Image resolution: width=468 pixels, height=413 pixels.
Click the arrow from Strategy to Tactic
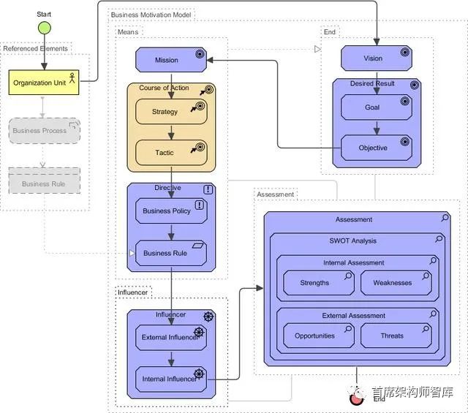171,132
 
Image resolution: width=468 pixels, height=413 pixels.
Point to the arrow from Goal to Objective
376,128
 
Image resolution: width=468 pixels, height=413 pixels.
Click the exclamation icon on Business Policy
199,205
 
